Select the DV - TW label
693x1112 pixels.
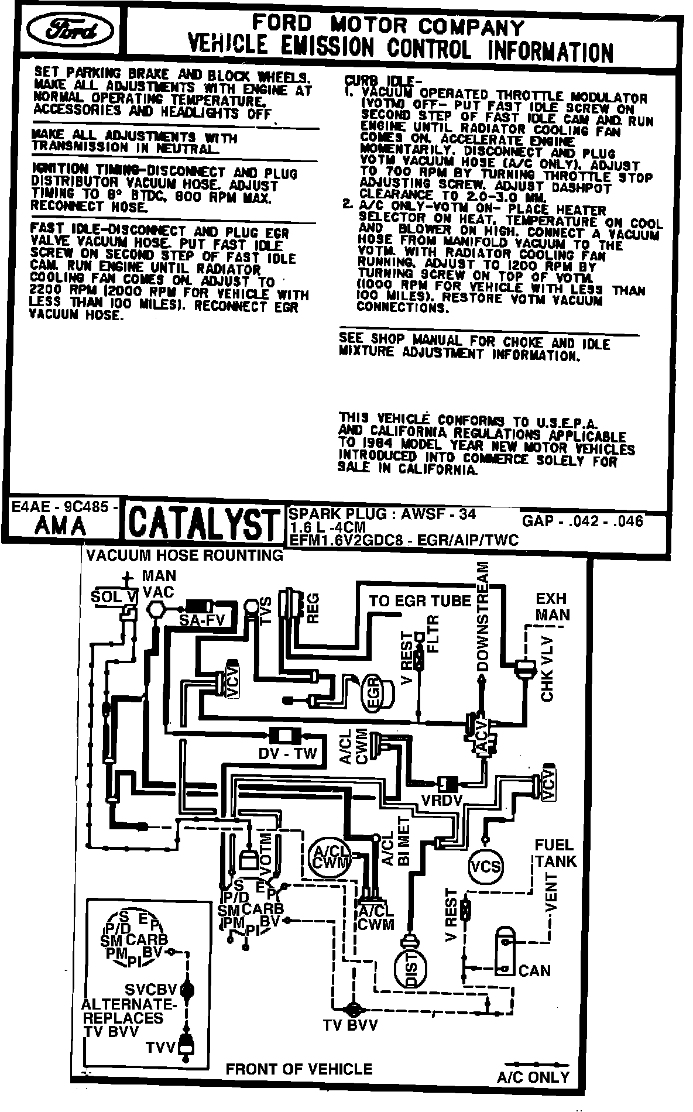click(287, 753)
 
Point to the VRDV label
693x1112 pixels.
click(442, 800)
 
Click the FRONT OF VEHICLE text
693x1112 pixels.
click(299, 1069)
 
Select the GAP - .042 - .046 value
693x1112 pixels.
click(582, 521)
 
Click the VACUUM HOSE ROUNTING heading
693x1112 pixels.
click(184, 555)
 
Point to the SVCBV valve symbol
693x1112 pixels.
click(187, 990)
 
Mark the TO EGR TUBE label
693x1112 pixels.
click(420, 600)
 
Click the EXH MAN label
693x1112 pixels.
click(552, 606)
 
